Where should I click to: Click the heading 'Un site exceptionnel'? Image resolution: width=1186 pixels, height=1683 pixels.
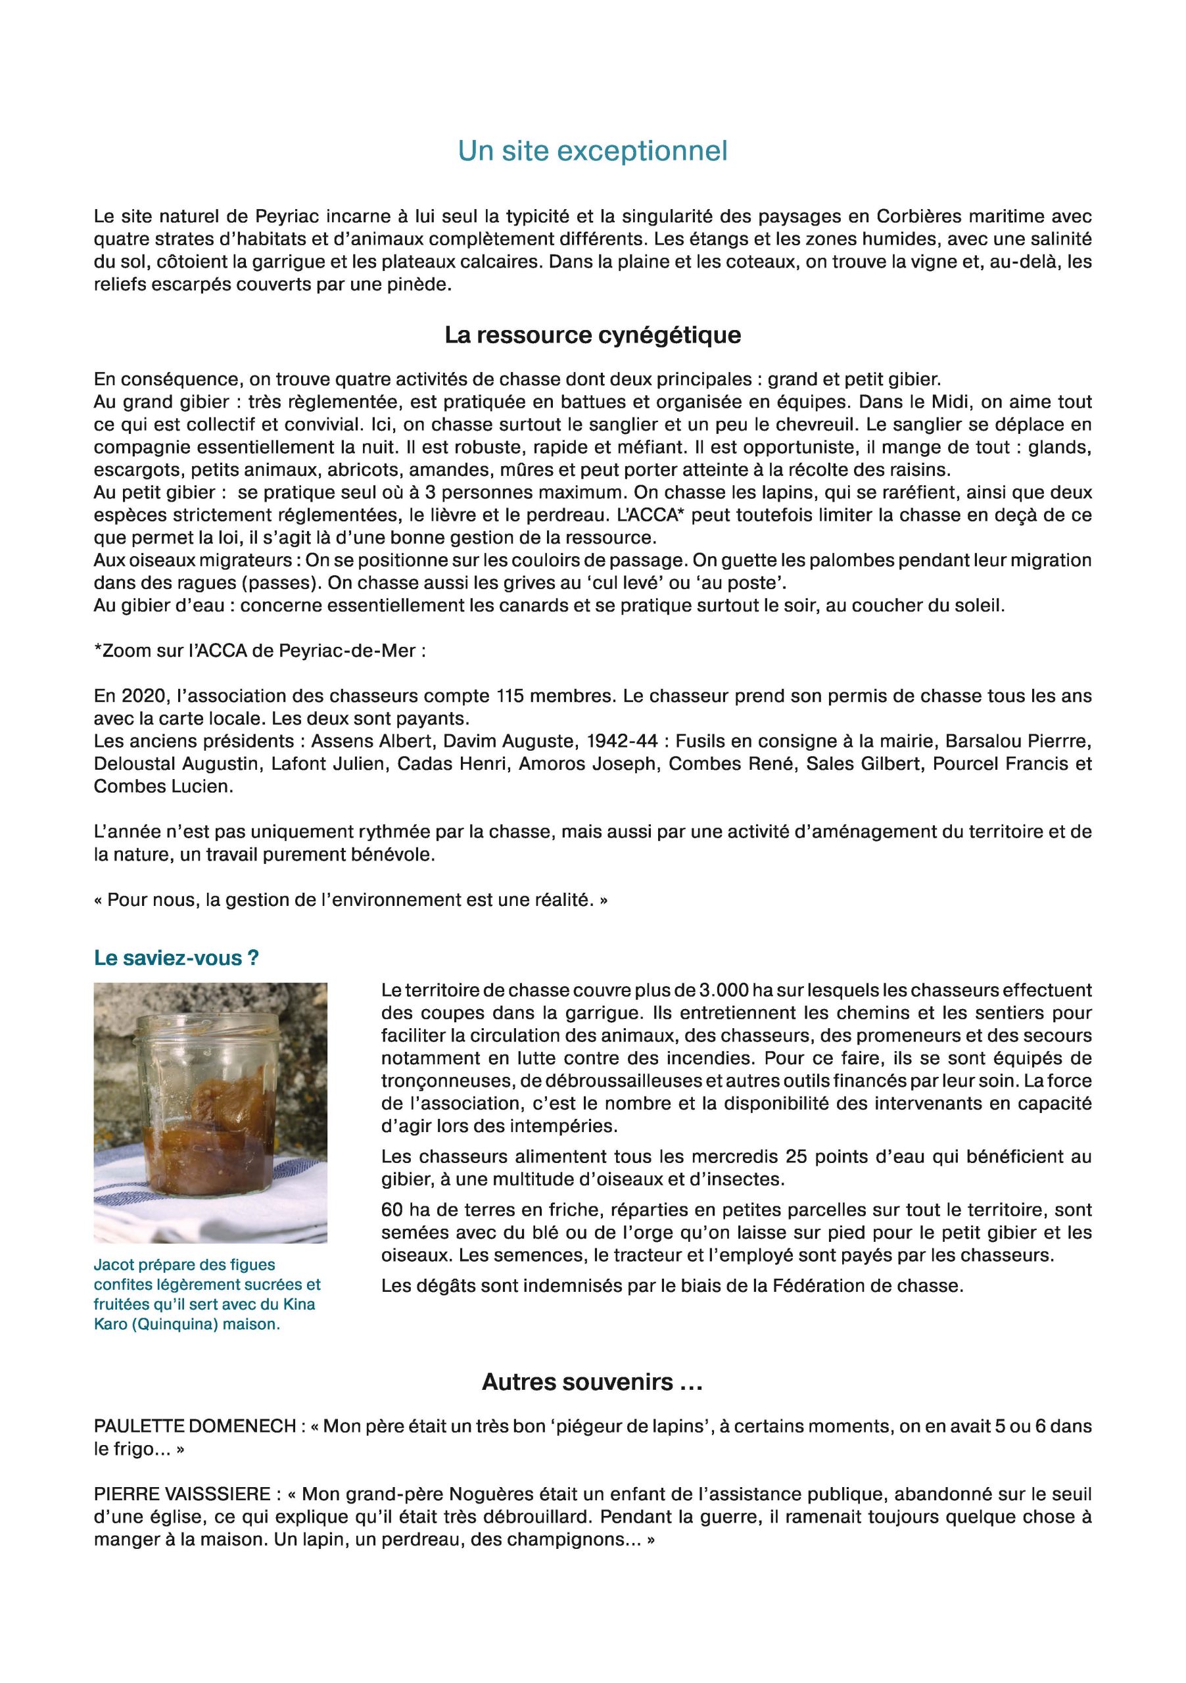(592, 151)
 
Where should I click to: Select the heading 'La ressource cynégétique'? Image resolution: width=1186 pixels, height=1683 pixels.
(592, 335)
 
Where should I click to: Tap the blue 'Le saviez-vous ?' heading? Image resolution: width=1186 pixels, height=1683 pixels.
(176, 958)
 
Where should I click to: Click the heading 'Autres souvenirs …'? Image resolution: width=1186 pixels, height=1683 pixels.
(592, 1382)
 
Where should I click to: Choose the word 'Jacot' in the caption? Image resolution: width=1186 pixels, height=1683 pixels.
(111, 1264)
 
